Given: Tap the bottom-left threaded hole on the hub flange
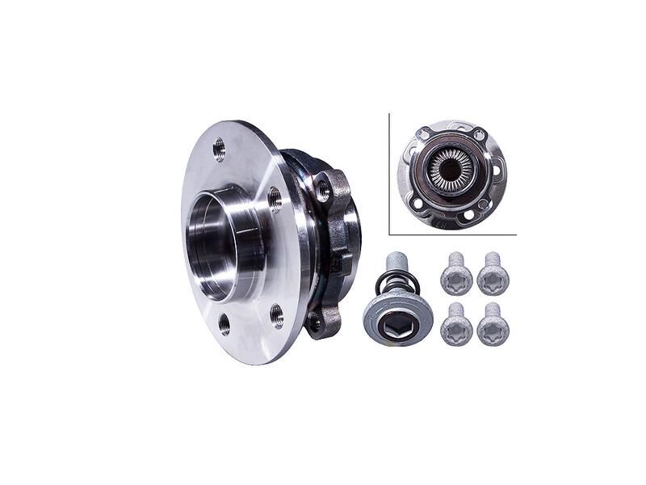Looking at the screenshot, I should pyautogui.click(x=224, y=325).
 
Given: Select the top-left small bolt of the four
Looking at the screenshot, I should pyautogui.click(x=456, y=276).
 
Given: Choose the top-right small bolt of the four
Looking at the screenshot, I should pyautogui.click(x=492, y=276).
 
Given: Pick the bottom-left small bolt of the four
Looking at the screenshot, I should pyautogui.click(x=456, y=324).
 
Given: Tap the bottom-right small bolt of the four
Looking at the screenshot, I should pyautogui.click(x=492, y=324).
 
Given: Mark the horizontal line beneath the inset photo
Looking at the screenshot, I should pyautogui.click(x=452, y=234).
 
